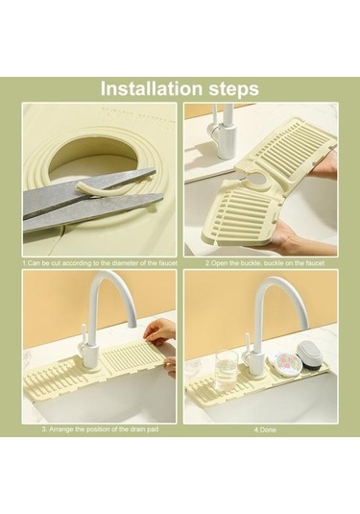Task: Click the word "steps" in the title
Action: pyautogui.click(x=231, y=87)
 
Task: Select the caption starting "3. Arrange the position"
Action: pyautogui.click(x=100, y=429)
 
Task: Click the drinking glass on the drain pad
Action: pyautogui.click(x=227, y=367)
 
